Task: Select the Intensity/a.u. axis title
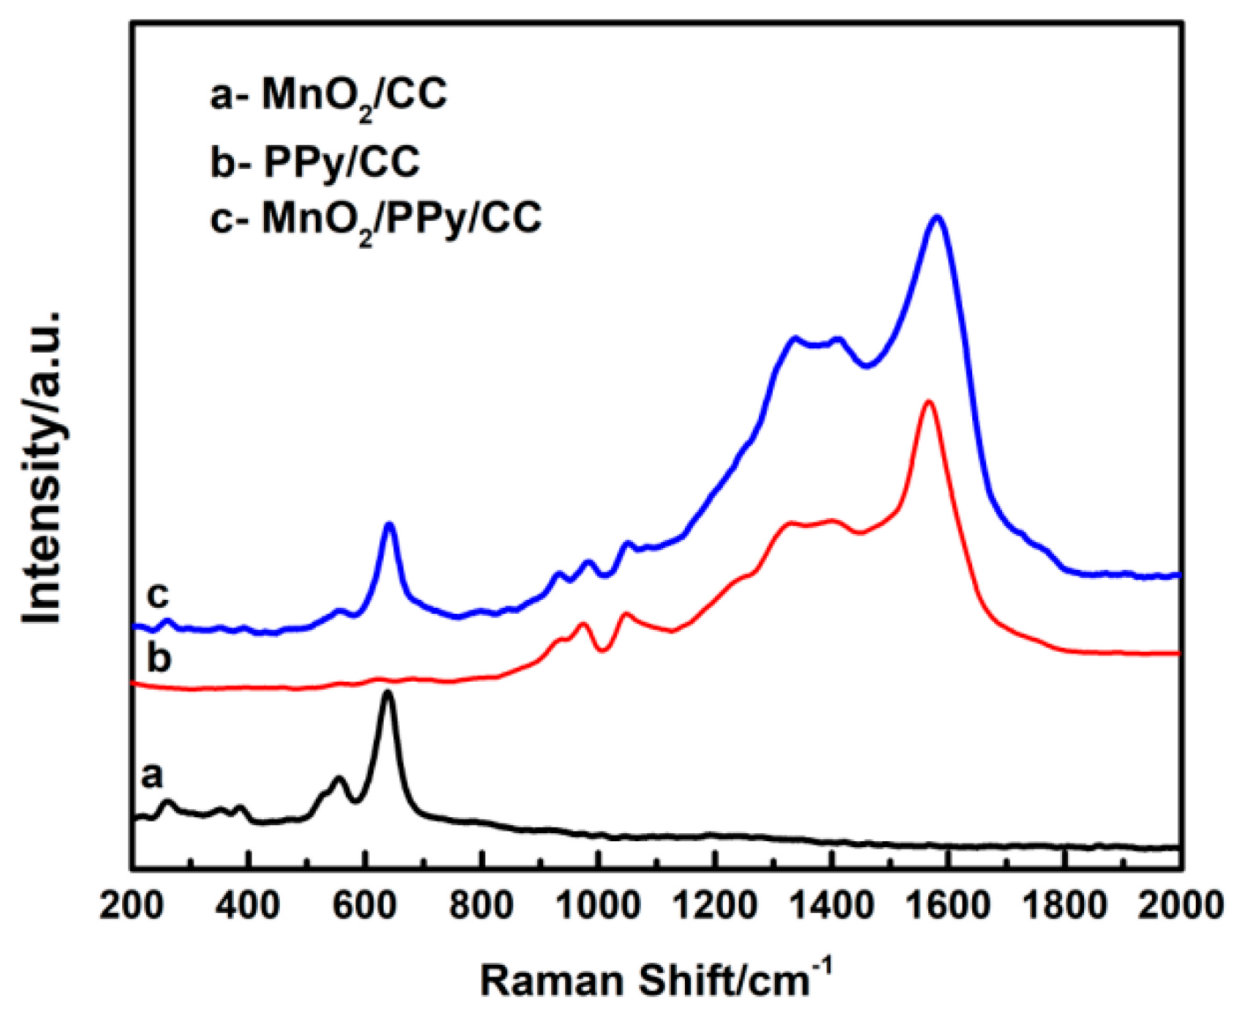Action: click(x=42, y=468)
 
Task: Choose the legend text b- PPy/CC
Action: click(x=315, y=162)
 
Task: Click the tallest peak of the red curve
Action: click(x=928, y=402)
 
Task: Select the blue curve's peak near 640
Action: click(x=390, y=524)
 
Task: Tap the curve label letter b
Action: click(x=158, y=658)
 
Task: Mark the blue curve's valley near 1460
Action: click(x=867, y=366)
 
